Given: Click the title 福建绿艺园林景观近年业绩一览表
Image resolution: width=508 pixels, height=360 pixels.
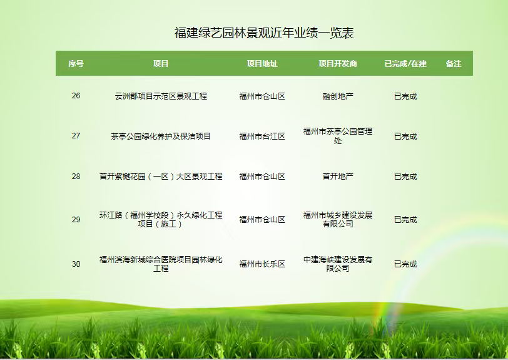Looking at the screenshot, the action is point(264,33).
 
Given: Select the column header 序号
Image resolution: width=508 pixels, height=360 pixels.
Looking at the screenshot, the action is point(76,64).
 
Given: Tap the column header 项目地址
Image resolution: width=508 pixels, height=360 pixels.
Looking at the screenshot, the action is point(262,64).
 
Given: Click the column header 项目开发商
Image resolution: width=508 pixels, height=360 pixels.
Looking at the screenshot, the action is point(338,64).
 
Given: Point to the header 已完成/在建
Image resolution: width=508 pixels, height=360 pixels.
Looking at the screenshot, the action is point(405,64).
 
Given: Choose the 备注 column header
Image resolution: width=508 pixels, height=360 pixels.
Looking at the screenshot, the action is point(453,64).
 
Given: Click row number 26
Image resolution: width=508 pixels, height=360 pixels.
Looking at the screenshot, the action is point(76,96).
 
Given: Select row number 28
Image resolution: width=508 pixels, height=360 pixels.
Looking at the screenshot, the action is point(76,177).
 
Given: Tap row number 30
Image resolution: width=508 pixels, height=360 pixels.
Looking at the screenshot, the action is point(76,264).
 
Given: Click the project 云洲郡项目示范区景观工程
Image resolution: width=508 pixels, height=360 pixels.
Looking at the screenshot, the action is point(161,96).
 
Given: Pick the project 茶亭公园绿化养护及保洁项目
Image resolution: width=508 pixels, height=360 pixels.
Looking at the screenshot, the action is point(161,136).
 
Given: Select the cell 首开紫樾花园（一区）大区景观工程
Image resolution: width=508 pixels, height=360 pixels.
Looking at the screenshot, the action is point(161,177).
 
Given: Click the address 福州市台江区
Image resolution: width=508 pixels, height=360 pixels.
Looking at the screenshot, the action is point(262,136).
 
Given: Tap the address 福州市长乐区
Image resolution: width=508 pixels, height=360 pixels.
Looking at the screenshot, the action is point(262,264).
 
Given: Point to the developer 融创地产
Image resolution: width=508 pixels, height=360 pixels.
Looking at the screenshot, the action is point(338,96).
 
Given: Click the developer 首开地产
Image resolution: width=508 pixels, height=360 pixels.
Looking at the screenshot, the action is point(338,177).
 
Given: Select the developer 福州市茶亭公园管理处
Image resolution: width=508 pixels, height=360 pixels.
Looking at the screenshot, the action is point(338,136).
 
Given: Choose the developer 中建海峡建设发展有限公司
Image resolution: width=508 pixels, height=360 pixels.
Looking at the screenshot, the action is point(338,264).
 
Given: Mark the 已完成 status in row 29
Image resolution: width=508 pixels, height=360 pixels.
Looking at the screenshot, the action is point(405,220).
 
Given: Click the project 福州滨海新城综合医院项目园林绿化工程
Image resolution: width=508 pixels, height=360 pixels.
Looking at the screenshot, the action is point(161,264).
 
